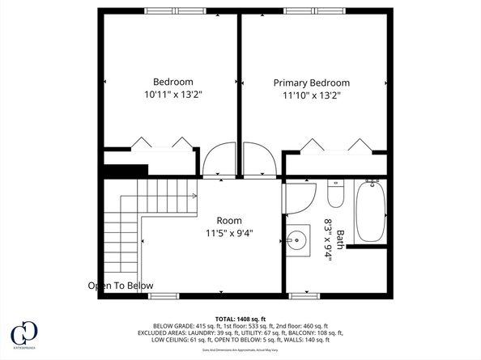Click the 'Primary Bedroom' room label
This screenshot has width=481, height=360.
311,83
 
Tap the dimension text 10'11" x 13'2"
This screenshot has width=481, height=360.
173,95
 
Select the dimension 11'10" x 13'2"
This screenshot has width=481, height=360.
311,95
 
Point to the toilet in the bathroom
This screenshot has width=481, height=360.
335,193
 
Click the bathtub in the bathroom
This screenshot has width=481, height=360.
372,211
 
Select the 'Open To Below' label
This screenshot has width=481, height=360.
121,286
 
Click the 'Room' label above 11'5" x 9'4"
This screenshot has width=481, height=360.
229,220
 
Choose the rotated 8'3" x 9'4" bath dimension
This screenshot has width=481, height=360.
329,239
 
